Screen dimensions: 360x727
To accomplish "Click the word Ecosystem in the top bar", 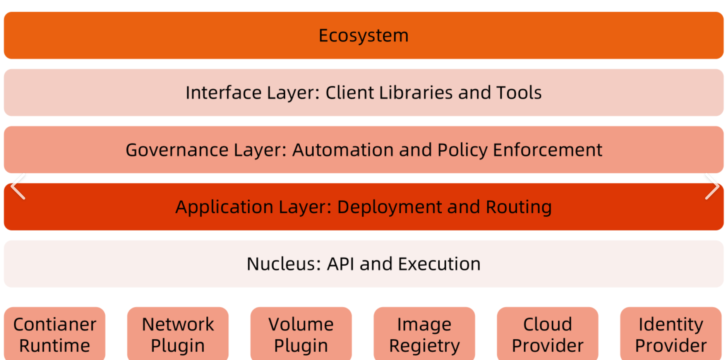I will [x=363, y=36].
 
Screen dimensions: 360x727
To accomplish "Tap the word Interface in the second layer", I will [x=223, y=93].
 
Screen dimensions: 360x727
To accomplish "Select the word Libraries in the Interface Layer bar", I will [x=416, y=93].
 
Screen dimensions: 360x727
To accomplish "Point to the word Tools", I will [x=519, y=93].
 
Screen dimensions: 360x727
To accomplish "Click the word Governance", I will [x=177, y=150].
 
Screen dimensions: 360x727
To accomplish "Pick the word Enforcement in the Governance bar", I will [x=547, y=150].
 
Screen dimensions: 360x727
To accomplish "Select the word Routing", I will [x=519, y=207].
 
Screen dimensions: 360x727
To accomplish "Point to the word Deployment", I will [x=389, y=207].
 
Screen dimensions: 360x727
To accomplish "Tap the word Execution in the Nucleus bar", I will [x=439, y=264].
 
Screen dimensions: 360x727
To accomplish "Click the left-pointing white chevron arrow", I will [x=18, y=187].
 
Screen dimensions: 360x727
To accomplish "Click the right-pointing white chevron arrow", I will [x=712, y=187].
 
